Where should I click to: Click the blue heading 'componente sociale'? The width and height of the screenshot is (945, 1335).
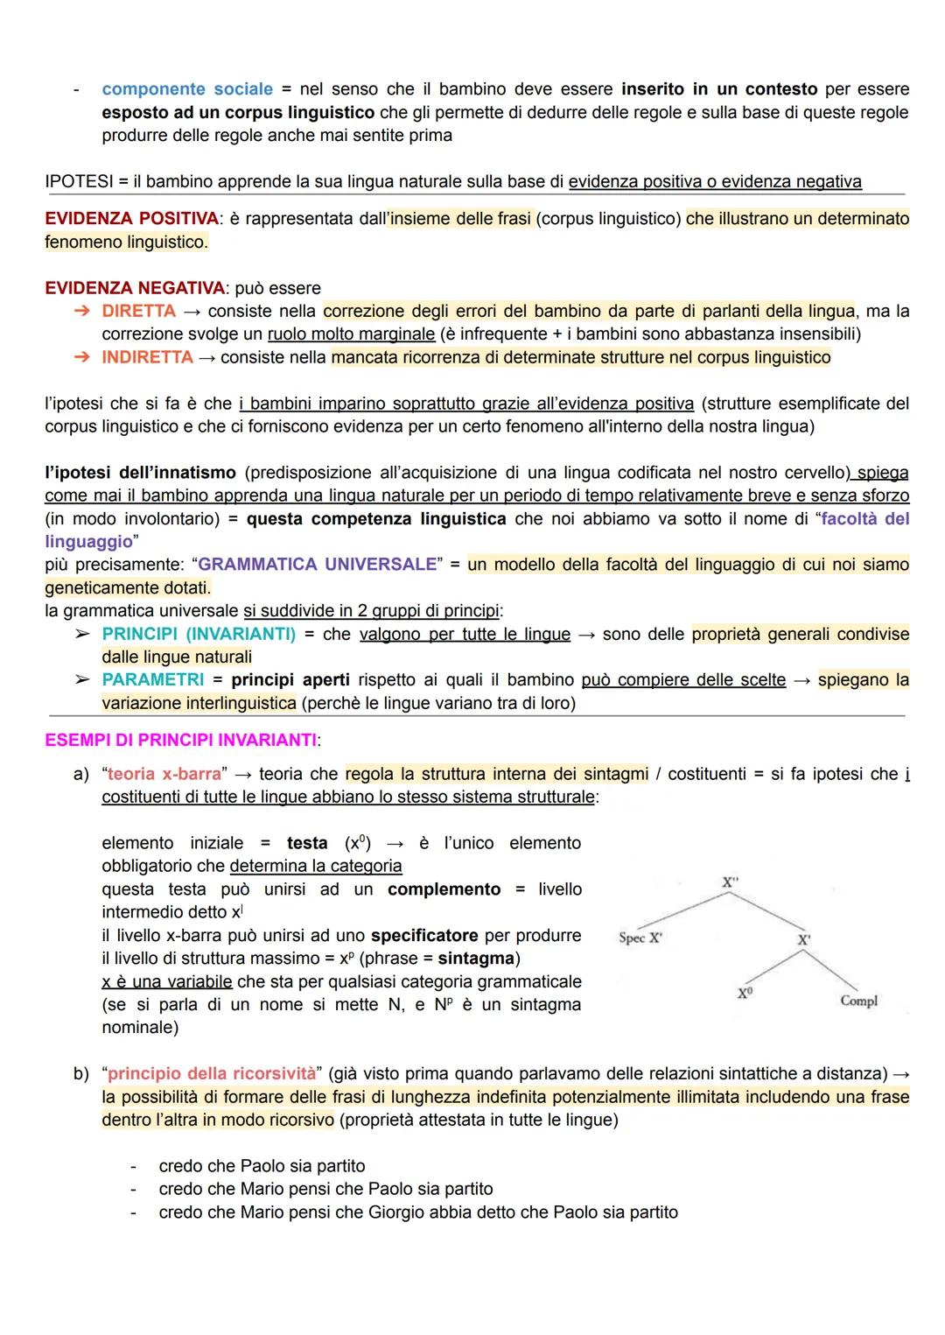point(187,89)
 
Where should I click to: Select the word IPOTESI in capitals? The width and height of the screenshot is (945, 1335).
point(79,182)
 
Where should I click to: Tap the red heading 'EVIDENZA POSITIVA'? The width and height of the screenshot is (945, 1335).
point(131,219)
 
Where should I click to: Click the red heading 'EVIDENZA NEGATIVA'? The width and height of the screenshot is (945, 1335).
point(135,288)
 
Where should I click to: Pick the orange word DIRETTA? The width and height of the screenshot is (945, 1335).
point(138,312)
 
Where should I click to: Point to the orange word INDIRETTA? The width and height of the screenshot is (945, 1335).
point(147,357)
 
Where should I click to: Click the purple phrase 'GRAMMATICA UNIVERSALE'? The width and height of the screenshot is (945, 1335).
point(317,565)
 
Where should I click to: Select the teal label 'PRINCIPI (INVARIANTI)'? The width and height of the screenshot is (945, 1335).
point(199,634)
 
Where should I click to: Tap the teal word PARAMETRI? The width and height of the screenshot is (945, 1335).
point(152,680)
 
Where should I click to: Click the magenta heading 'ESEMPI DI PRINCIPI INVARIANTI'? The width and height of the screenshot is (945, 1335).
point(180,741)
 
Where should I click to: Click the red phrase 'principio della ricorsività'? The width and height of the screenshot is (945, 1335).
point(211,1074)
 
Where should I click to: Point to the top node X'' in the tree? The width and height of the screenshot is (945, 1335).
point(730,882)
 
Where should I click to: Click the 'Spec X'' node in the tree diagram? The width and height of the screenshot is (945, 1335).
point(640,938)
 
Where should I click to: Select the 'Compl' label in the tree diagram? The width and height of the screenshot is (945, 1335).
point(858,1001)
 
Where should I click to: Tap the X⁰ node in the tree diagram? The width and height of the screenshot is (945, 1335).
point(744,994)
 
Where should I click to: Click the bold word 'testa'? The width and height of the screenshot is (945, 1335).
point(307,843)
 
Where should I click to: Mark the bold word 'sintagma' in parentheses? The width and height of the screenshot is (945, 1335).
point(478,959)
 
